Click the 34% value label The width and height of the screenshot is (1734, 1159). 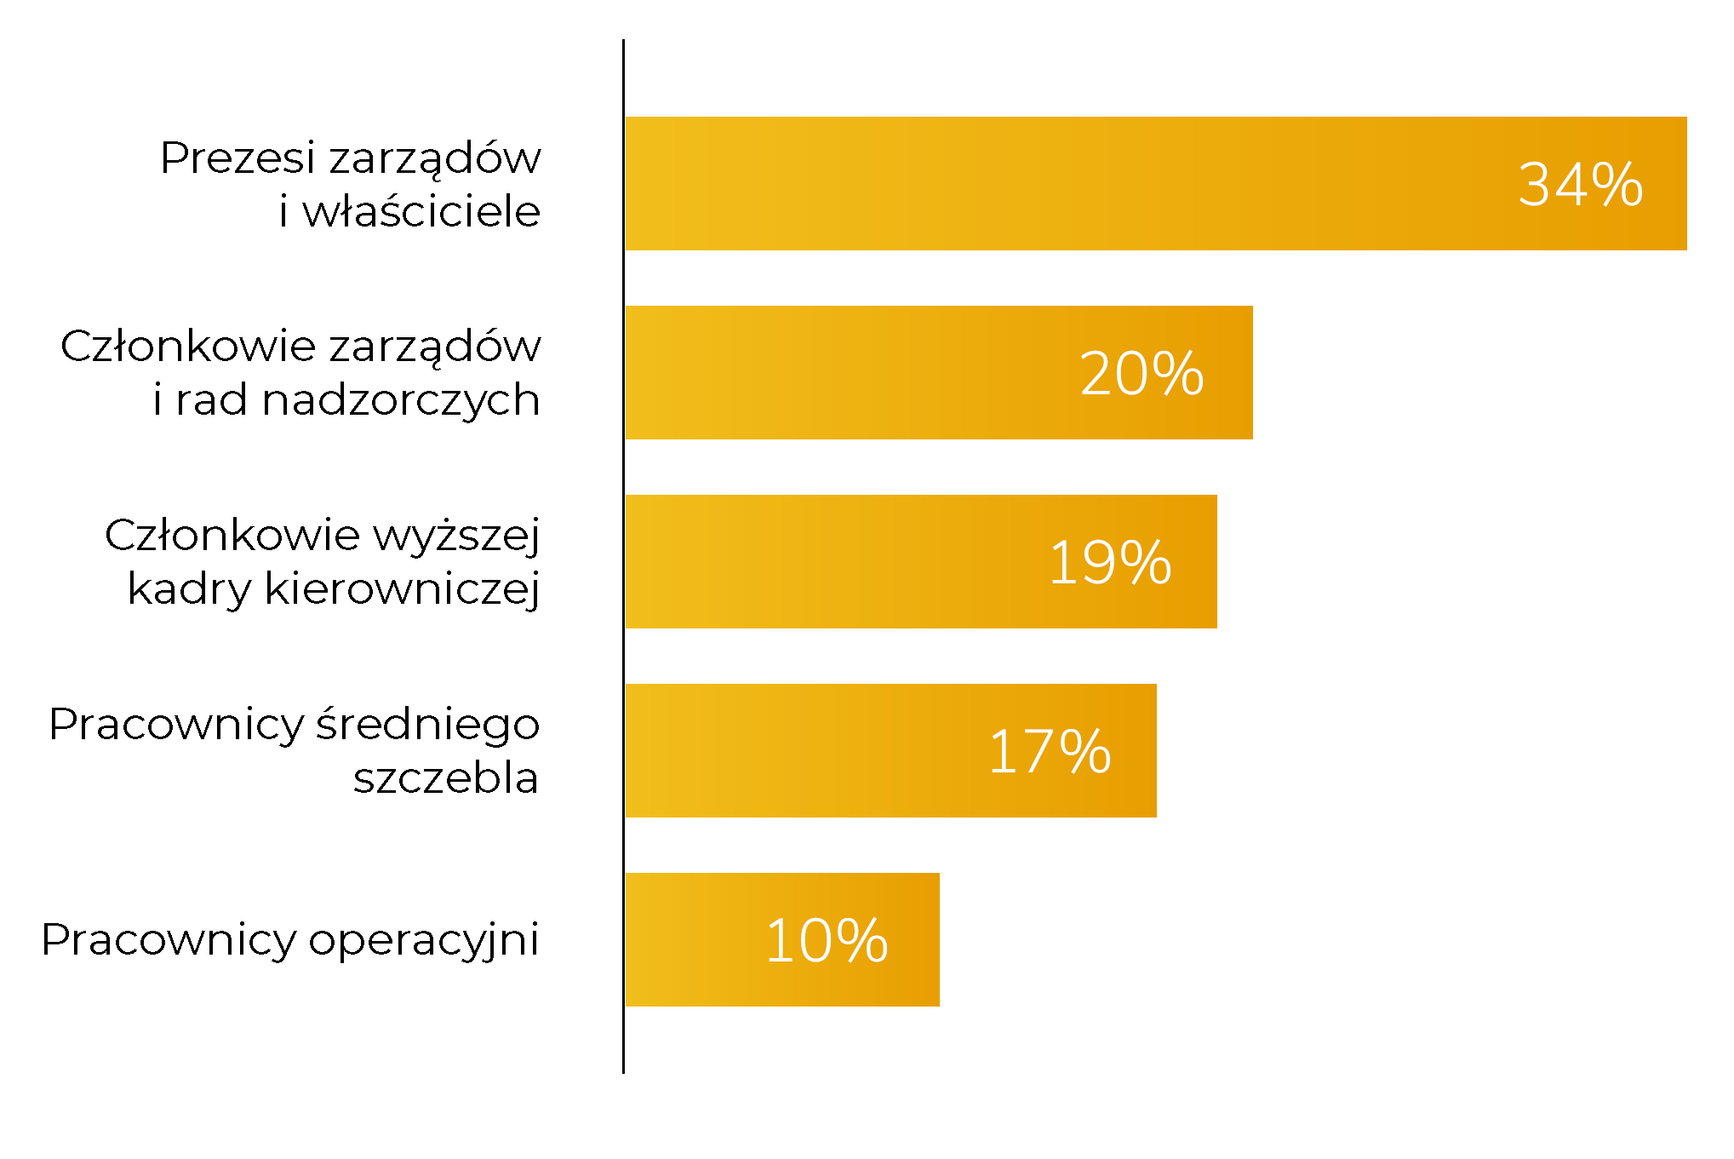[1580, 184]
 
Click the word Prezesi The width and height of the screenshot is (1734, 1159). [237, 158]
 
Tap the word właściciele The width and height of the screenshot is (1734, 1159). [421, 211]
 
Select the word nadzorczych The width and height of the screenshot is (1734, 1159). [401, 400]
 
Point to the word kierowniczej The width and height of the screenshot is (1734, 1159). [402, 589]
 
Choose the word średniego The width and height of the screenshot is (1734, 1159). [428, 726]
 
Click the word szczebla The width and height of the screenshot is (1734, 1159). [446, 778]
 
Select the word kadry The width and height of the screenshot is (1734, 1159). [189, 589]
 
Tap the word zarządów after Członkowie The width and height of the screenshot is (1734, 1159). [435, 347]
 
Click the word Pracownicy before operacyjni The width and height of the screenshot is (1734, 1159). [169, 940]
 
